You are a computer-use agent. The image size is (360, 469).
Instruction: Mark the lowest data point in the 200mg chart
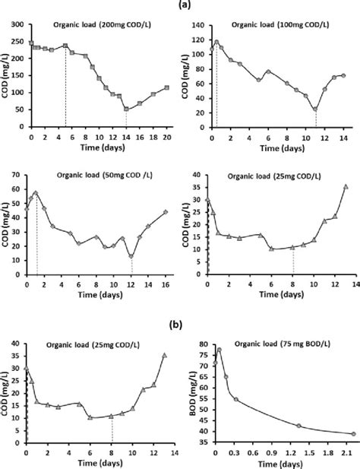[126, 109]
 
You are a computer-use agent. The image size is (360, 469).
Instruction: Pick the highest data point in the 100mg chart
[217, 43]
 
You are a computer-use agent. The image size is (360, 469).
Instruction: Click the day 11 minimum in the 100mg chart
[314, 109]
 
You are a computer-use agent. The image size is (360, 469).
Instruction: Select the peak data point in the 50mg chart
[35, 193]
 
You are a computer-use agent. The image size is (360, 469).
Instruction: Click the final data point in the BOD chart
[353, 434]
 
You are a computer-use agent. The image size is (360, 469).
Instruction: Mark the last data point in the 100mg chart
[343, 75]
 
